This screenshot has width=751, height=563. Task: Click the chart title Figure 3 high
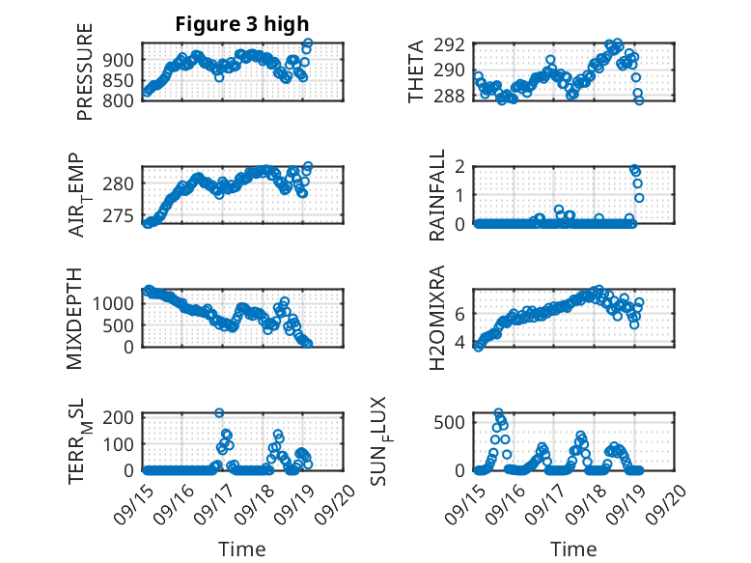242,24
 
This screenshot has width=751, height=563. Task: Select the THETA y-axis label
416,72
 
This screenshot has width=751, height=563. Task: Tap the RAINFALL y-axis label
437,195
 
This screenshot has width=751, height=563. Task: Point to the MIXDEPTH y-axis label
75,318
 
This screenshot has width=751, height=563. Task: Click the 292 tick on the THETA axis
454,44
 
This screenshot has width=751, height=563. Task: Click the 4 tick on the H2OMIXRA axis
459,343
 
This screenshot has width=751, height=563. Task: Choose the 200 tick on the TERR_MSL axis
121,417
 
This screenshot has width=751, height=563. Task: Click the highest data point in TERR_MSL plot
219,413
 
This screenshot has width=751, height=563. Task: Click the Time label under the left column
241,549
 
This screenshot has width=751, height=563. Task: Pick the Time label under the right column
573,549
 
